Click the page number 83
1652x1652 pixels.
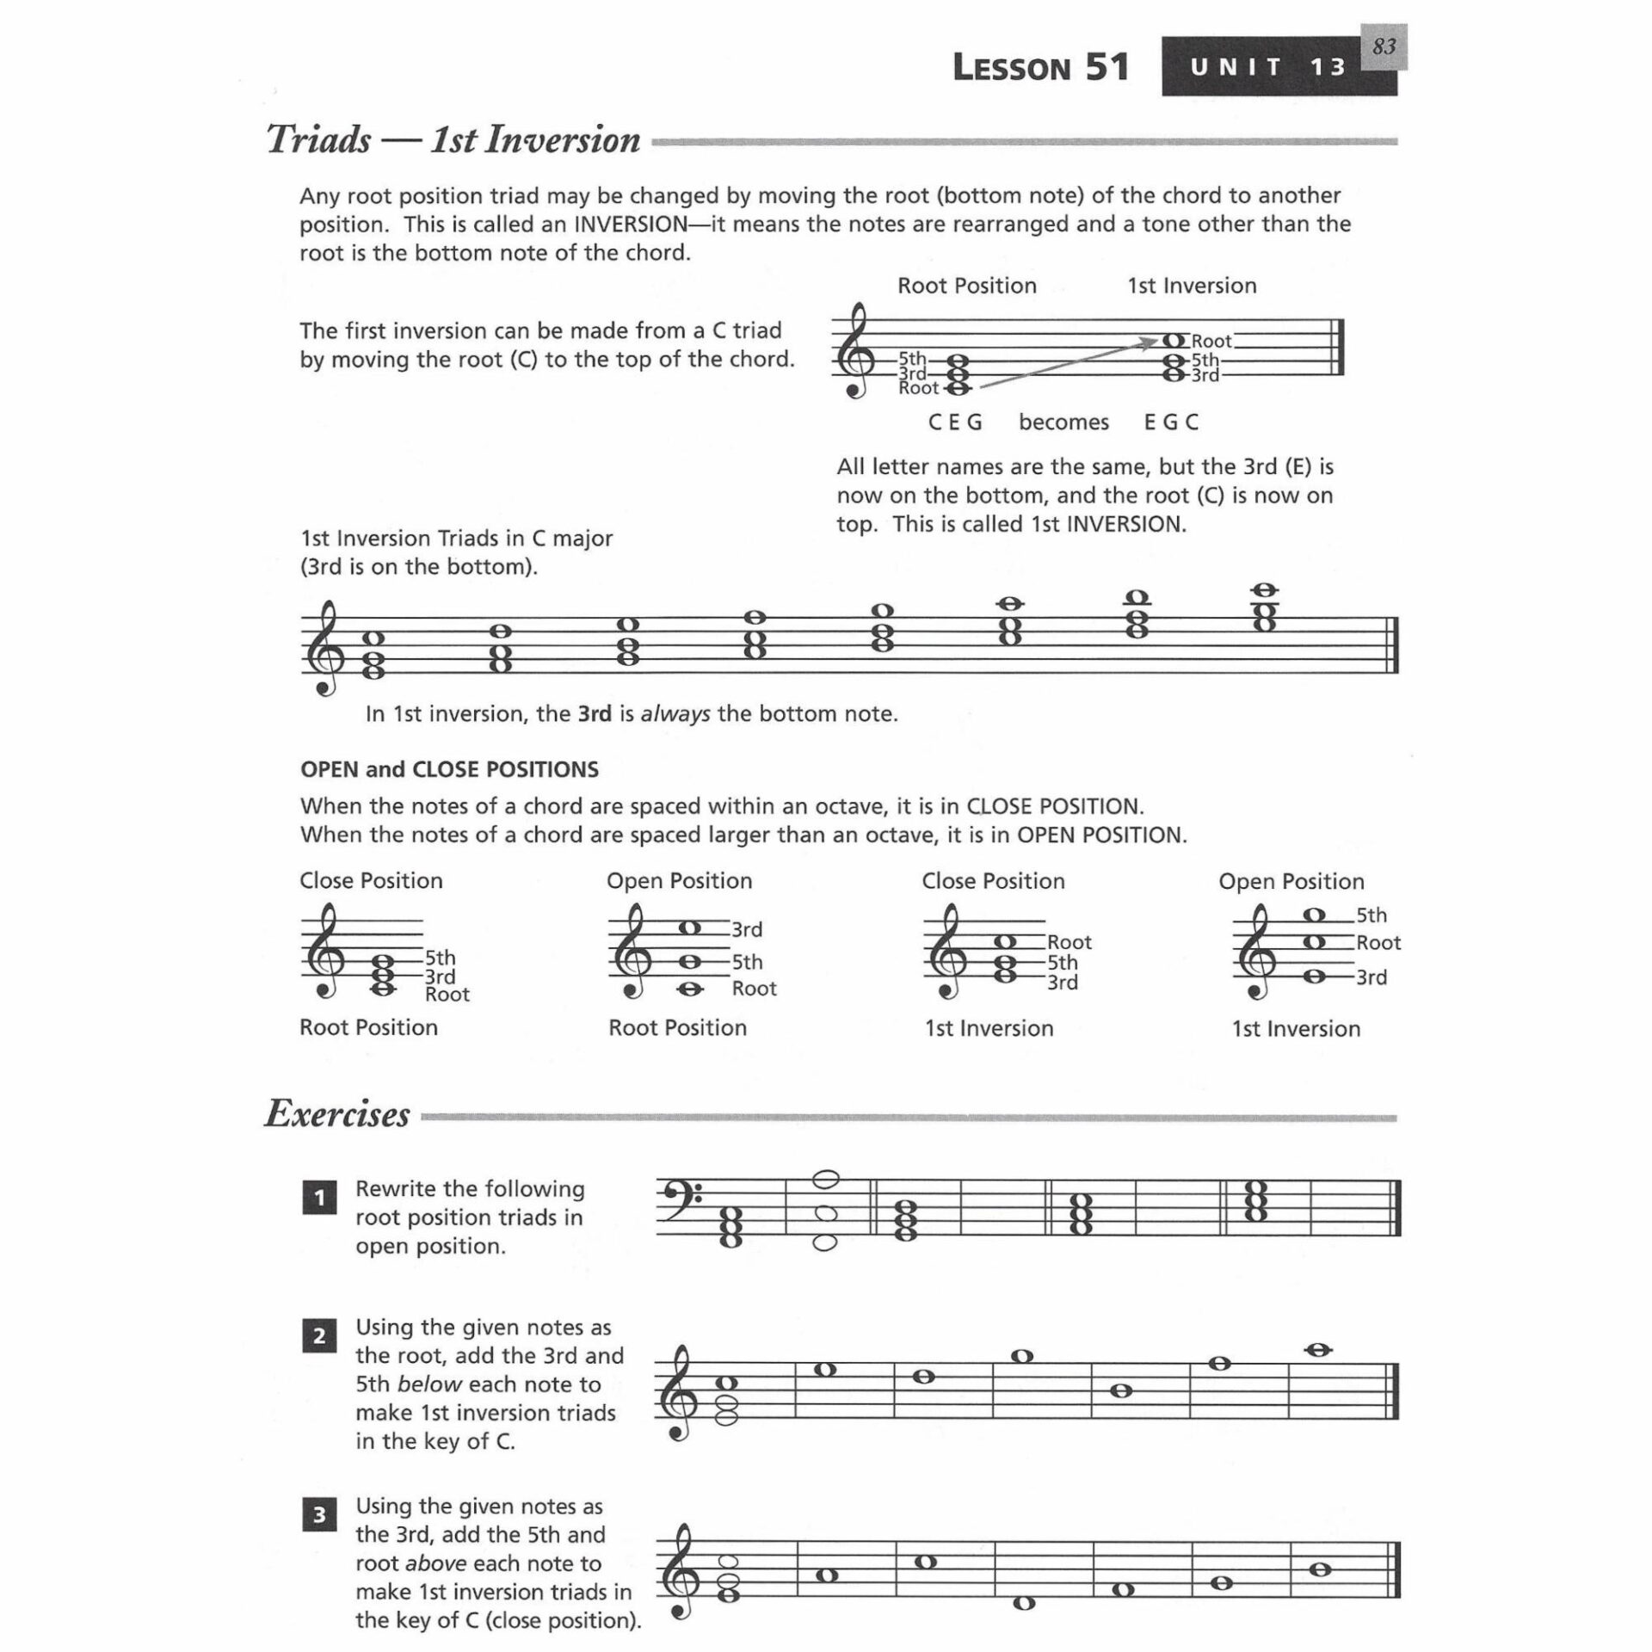point(1384,46)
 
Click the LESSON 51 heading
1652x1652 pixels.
point(1040,67)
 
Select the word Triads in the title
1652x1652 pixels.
point(318,139)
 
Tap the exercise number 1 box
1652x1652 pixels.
point(319,1198)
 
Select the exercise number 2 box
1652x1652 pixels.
point(319,1336)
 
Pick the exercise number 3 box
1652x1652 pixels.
point(319,1515)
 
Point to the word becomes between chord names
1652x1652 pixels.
point(1063,422)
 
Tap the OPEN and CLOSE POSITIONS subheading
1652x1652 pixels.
point(449,769)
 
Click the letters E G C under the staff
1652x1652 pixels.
point(1171,422)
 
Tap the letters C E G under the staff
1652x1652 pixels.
point(955,422)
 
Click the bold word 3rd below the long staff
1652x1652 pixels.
point(595,714)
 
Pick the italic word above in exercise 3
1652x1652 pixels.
point(435,1563)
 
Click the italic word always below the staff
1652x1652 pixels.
point(675,714)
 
